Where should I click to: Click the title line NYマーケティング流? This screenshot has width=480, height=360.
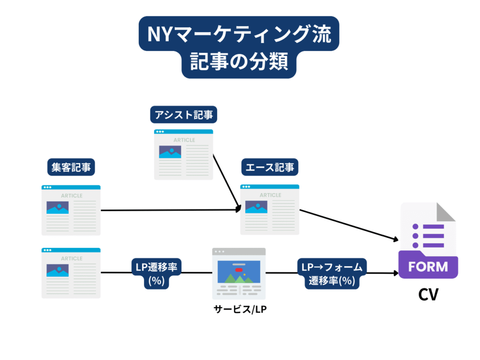pos(240,36)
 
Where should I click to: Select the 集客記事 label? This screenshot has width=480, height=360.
pos(71,167)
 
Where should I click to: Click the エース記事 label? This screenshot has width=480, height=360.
pos(270,167)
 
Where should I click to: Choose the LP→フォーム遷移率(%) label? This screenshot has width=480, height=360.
pos(331,274)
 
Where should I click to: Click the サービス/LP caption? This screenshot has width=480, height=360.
pos(239,309)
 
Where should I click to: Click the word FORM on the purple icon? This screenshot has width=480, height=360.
pos(427,267)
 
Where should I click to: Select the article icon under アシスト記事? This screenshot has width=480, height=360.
pos(184,155)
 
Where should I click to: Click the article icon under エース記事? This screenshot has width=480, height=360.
pos(270,209)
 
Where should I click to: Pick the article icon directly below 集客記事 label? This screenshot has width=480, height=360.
pos(71,210)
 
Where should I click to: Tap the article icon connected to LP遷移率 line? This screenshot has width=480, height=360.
pos(71,273)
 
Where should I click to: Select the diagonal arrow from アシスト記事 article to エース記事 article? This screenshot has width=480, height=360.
pos(227,180)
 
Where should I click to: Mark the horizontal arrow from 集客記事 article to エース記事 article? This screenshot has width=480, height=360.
pos(171,210)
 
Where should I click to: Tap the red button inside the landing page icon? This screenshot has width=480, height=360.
pos(239,270)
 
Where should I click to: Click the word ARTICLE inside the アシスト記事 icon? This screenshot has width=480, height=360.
pos(184,140)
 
